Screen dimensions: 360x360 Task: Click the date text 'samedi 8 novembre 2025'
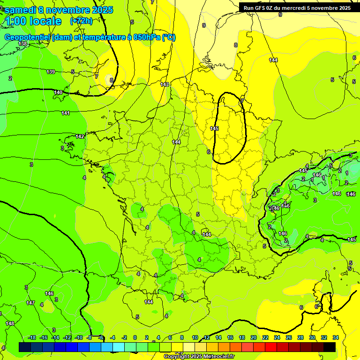pyautogui.click(x=59, y=10)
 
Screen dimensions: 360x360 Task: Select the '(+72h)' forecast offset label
pyautogui.click(x=81, y=22)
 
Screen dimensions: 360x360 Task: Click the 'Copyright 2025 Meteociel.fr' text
pyautogui.click(x=199, y=356)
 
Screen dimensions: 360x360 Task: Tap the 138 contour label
pyautogui.click(x=22, y=44)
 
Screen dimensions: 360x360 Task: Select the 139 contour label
pyautogui.click(x=51, y=72)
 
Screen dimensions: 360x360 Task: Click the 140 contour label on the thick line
pyautogui.click(x=58, y=92)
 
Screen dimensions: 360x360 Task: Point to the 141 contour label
pyautogui.click(x=66, y=113)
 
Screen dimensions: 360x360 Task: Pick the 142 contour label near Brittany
pyautogui.click(x=80, y=136)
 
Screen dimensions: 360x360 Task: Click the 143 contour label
pyautogui.click(x=165, y=84)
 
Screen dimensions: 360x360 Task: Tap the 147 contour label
pyautogui.click(x=30, y=303)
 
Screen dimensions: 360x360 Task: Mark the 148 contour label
pyautogui.click(x=10, y=323)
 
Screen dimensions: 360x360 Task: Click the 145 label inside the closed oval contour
pyautogui.click(x=214, y=128)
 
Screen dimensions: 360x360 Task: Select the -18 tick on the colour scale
pyautogui.click(x=32, y=337)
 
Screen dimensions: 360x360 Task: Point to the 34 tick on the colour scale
pyautogui.click(x=335, y=337)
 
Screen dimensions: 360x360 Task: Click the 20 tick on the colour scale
pyautogui.click(x=253, y=337)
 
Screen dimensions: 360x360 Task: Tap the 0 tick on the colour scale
pyautogui.click(x=135, y=337)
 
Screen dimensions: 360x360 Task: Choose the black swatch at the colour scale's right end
pyautogui.click(x=330, y=347)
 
